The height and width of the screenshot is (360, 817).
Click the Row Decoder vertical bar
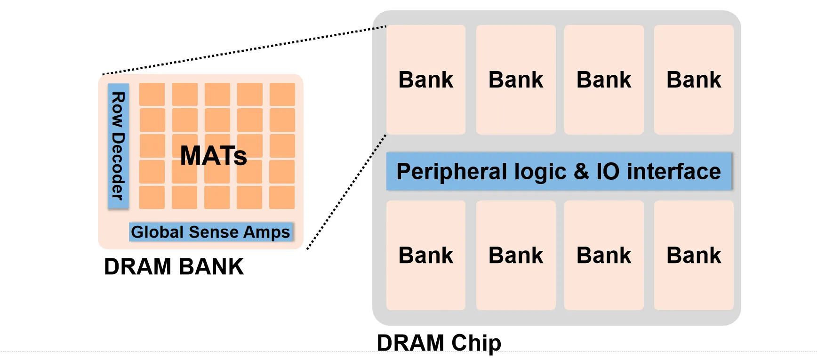(x=118, y=146)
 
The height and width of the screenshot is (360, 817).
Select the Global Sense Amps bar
(x=211, y=232)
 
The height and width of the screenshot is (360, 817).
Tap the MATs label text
(x=213, y=155)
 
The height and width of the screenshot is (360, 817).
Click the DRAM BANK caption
(x=174, y=267)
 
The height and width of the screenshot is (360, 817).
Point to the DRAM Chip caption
(x=439, y=343)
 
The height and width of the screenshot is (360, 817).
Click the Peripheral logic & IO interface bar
(x=559, y=171)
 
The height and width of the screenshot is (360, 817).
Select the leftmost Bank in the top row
(x=425, y=80)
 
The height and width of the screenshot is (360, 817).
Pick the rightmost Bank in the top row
(x=693, y=80)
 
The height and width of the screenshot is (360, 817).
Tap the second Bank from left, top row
(x=515, y=80)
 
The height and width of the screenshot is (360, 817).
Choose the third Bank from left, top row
(x=603, y=80)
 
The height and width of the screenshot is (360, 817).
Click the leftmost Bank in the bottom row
(x=425, y=255)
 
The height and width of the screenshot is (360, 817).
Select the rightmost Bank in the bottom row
(x=693, y=255)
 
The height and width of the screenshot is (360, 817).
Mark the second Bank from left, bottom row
(x=515, y=255)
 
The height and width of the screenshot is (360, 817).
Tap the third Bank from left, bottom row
(x=603, y=255)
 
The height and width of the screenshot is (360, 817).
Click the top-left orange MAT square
(x=152, y=94)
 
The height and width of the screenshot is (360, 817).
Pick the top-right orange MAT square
(x=282, y=94)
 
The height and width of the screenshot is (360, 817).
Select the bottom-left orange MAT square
(x=152, y=197)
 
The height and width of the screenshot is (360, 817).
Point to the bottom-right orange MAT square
(x=281, y=197)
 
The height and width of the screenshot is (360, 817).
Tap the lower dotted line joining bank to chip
(x=347, y=191)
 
